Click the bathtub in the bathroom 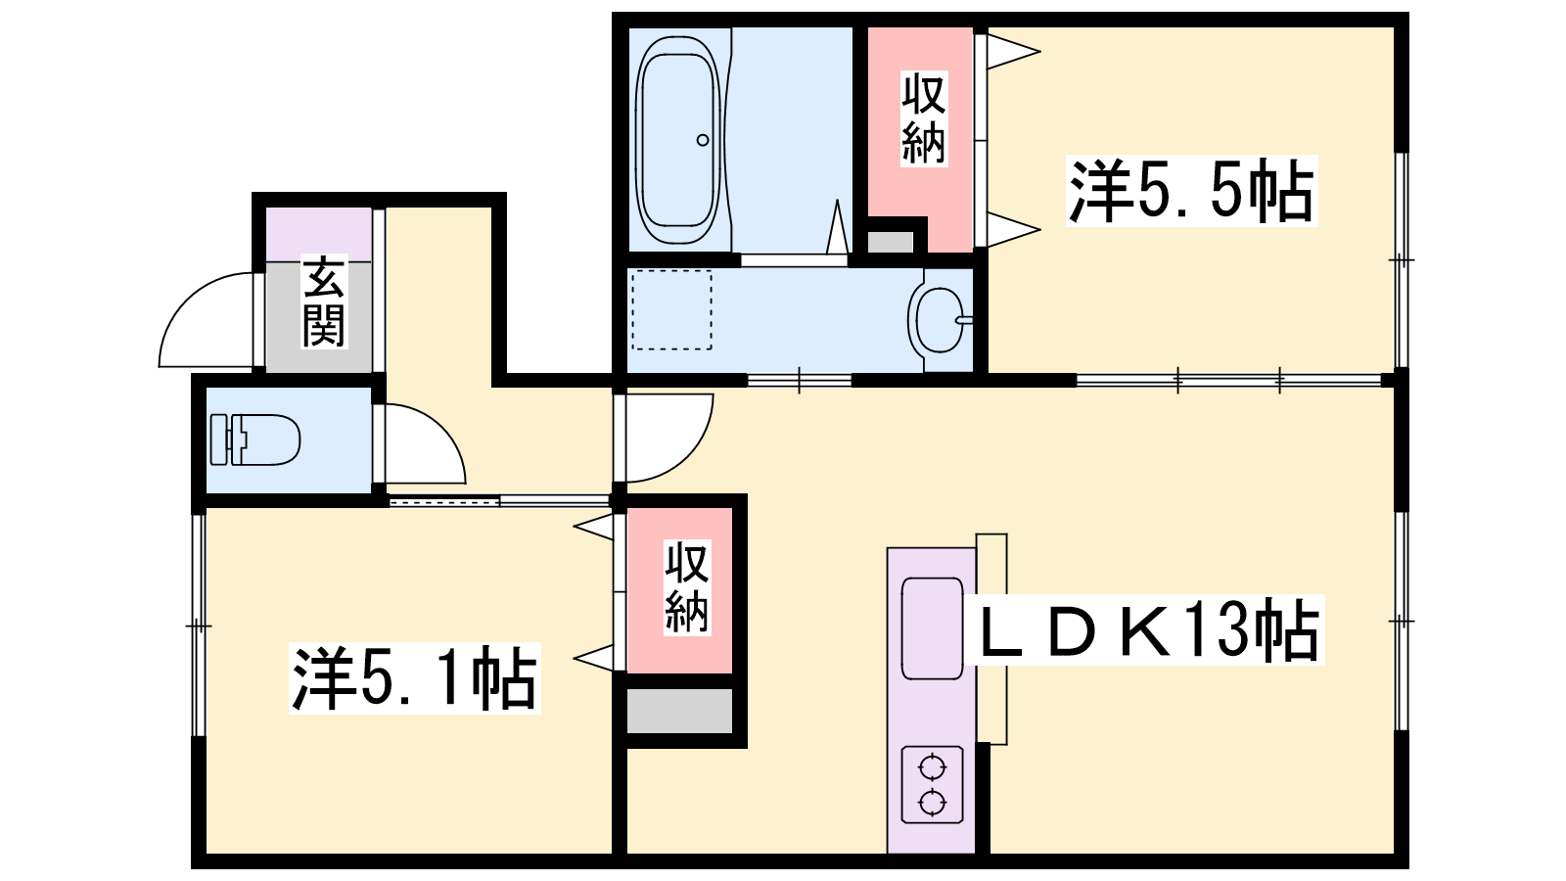point(677,140)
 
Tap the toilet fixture point(255,440)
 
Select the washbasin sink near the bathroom point(940,320)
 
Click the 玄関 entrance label point(324,302)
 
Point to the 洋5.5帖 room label point(1191,191)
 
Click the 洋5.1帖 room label point(415,678)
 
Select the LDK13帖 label point(1149,629)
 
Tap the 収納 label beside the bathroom point(924,118)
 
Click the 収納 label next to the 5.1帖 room point(686,587)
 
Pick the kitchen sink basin point(933,628)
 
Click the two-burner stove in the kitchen point(933,784)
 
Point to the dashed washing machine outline point(671,309)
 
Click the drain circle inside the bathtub point(703,140)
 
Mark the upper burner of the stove point(933,768)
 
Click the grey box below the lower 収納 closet point(679,711)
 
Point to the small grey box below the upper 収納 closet point(890,242)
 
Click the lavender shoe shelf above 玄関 point(318,234)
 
